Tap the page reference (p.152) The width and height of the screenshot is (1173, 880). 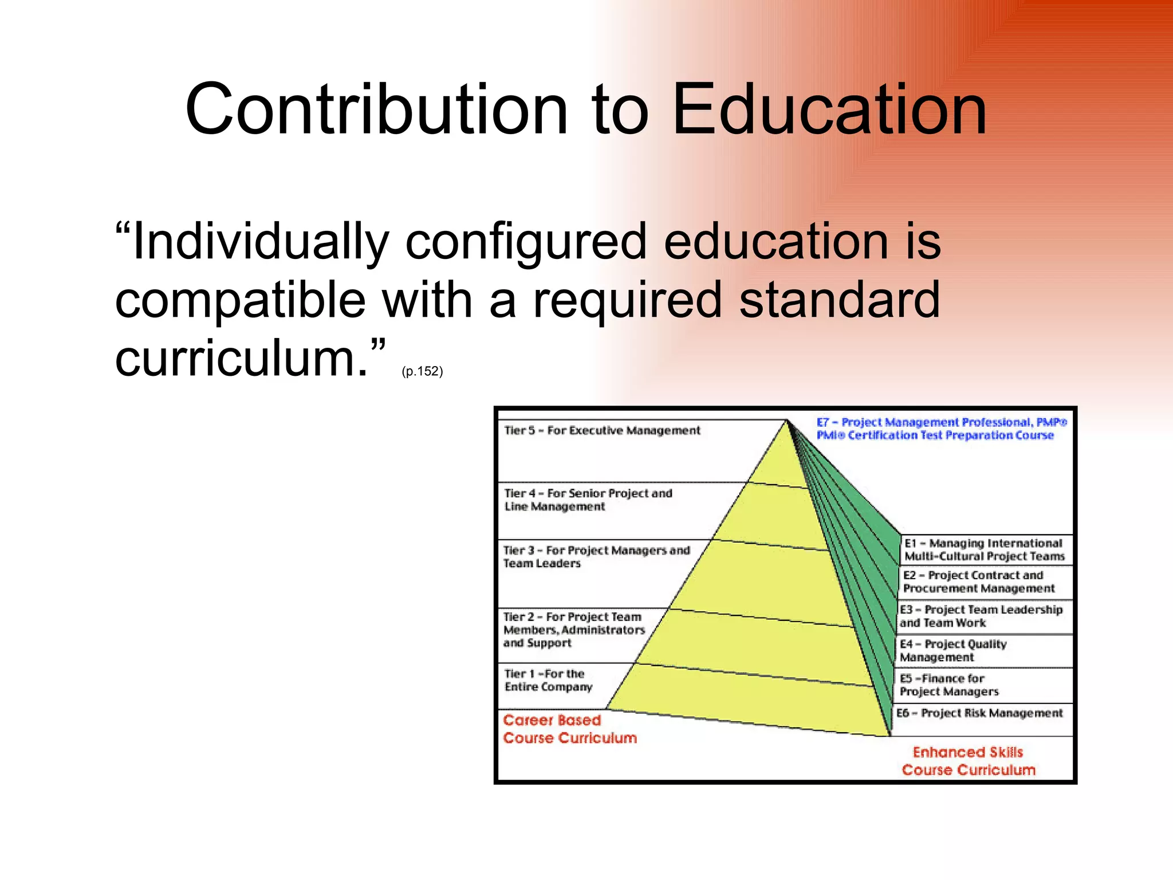pos(422,371)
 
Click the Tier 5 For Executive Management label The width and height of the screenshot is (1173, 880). pos(601,430)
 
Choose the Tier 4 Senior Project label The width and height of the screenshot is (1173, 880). pos(588,500)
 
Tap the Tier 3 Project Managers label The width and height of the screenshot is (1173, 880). pos(596,556)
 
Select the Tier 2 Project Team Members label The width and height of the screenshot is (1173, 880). pos(573,630)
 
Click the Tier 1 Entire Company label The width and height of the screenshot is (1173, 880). pos(548,680)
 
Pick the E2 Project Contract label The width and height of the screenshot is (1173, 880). pos(978,582)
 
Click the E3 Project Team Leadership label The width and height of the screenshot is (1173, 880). pos(981,616)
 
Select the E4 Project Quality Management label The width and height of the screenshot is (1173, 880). pos(952,650)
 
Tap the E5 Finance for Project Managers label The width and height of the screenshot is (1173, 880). pos(948,685)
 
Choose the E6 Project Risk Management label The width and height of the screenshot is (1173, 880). pos(979,713)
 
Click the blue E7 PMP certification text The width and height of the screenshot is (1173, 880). pos(941,429)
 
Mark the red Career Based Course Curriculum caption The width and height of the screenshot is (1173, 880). pos(569,729)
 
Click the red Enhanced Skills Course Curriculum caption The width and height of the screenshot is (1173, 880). pos(968,761)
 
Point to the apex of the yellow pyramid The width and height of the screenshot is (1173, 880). pos(787,421)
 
